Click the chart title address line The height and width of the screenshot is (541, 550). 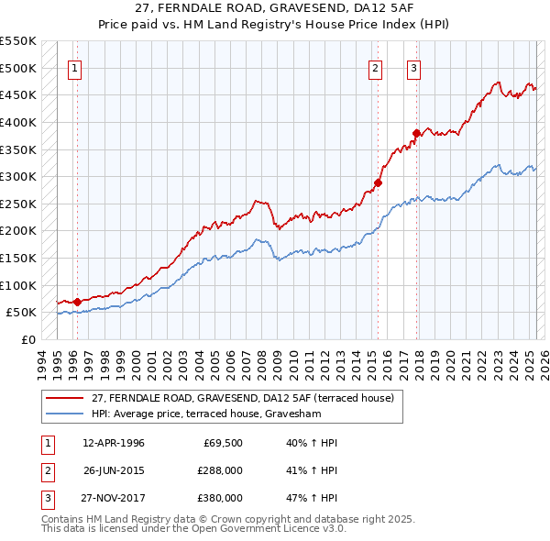(x=274, y=8)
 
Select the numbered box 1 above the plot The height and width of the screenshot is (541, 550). (x=74, y=67)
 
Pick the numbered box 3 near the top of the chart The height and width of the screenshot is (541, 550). (x=413, y=67)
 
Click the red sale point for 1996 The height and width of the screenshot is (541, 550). (x=77, y=301)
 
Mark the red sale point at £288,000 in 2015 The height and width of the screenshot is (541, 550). (x=378, y=182)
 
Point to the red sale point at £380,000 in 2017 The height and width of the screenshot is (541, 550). (x=416, y=133)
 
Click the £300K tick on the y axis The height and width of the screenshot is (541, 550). (x=18, y=176)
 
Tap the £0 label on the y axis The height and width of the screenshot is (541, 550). (x=28, y=339)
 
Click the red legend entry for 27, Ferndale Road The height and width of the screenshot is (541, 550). (x=243, y=398)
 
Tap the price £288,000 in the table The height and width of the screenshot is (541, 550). (x=220, y=470)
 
